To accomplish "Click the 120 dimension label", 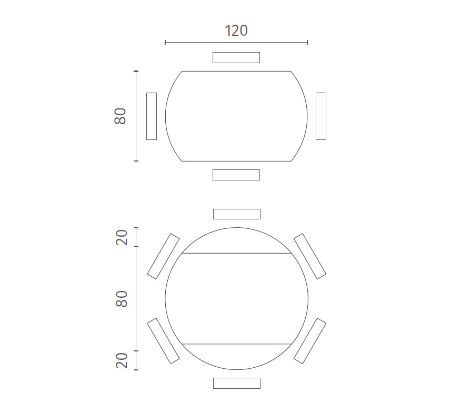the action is [236, 31].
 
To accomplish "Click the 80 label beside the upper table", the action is [120, 116].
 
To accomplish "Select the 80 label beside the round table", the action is [122, 299].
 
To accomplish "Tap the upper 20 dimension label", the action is [122, 237].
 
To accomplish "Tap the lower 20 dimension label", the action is [122, 360].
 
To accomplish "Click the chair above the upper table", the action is [236, 57].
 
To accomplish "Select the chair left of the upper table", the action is [152, 116].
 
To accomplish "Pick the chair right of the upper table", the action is [321, 116].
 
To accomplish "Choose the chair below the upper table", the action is [236, 175].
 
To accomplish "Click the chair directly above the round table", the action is [237, 214].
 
